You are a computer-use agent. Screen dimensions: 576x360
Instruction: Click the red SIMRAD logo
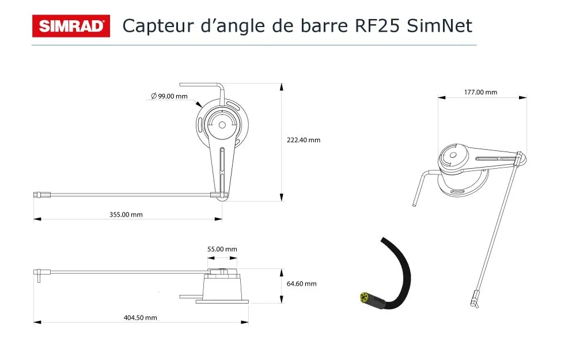tap(71, 26)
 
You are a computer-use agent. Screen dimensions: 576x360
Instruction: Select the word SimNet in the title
tap(439, 26)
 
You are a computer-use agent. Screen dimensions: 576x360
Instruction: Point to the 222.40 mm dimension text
tap(304, 140)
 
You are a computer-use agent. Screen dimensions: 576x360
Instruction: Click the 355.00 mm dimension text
tap(126, 214)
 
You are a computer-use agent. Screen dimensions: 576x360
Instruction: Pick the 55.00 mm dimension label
tap(222, 249)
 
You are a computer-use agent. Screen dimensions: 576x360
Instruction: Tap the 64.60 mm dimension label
tap(302, 283)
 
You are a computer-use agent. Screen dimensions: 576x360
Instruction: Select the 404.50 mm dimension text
tap(141, 318)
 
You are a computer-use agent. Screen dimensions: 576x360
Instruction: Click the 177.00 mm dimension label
tap(480, 92)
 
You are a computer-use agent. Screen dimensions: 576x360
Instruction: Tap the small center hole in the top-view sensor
tap(222, 125)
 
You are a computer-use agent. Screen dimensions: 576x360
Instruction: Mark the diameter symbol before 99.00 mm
tap(154, 96)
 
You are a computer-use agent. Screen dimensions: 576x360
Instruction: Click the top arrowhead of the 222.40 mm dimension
tap(282, 87)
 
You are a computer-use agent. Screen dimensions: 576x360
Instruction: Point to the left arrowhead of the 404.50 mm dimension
tap(37, 323)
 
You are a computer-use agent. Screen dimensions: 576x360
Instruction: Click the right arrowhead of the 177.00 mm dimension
tap(523, 98)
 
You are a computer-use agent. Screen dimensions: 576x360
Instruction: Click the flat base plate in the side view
tap(222, 302)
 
